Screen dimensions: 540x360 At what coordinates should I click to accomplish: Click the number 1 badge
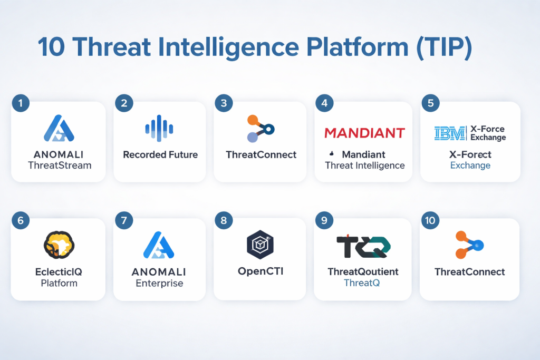click(21, 103)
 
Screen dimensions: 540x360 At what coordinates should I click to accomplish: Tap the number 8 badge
click(224, 220)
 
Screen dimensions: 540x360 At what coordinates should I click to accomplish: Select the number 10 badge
click(430, 220)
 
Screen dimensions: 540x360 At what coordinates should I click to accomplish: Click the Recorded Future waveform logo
click(159, 129)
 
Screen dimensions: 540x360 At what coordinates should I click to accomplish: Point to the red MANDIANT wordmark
click(364, 133)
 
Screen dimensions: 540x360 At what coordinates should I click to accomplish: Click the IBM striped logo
click(450, 133)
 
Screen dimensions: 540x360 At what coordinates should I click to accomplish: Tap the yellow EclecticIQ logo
click(59, 245)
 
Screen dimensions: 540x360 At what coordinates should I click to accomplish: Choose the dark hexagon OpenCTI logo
click(261, 245)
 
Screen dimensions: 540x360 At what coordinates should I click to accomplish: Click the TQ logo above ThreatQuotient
click(363, 247)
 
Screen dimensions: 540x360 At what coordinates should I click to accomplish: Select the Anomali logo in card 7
click(159, 245)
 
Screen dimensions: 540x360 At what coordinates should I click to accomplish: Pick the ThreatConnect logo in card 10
click(469, 245)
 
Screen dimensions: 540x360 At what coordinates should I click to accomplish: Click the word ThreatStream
click(60, 166)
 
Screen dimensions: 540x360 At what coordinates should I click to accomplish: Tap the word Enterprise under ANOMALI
click(159, 283)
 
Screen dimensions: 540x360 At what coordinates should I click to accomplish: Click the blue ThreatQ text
click(362, 283)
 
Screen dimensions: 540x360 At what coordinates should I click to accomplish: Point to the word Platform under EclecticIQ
click(59, 283)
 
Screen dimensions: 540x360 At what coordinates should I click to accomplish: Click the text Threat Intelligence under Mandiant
click(365, 166)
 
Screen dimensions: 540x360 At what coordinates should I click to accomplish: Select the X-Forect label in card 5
click(470, 154)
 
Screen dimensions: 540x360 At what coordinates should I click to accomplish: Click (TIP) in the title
click(444, 47)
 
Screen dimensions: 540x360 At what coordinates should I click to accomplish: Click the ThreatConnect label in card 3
click(261, 155)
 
